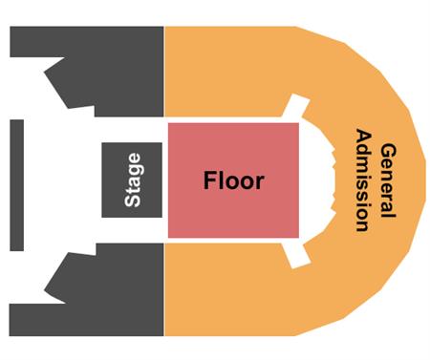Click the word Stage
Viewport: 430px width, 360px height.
(x=133, y=180)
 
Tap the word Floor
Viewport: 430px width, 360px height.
(x=232, y=180)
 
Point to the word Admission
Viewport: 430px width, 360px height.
(x=362, y=180)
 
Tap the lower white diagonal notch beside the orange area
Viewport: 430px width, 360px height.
(x=295, y=252)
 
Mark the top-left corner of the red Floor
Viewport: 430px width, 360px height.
(x=170, y=123)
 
